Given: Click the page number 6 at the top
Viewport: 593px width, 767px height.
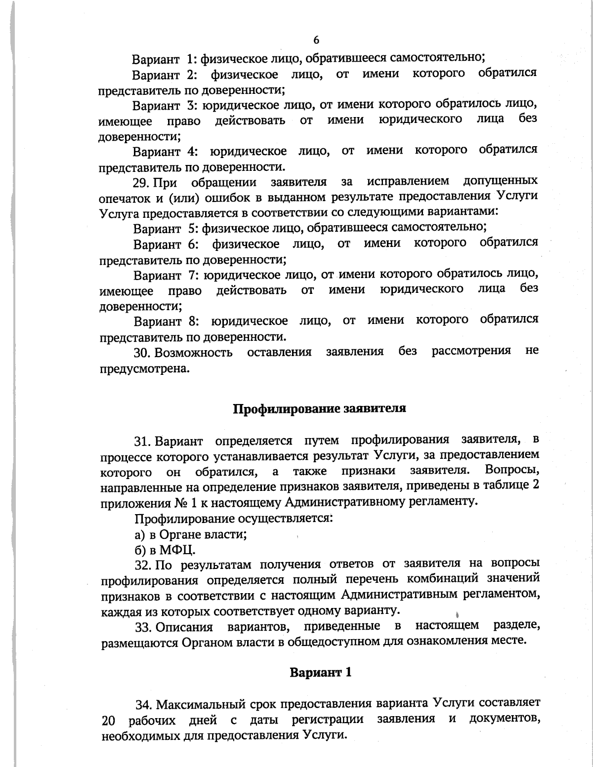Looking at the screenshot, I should pos(316,40).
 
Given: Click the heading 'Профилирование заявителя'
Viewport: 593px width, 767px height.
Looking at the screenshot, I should pos(319,409).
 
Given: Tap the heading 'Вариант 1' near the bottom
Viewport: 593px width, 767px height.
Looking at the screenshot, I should pos(321,672).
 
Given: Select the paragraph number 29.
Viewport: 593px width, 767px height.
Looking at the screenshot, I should pos(141,183).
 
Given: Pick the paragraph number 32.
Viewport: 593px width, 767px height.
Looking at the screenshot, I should pos(143,565).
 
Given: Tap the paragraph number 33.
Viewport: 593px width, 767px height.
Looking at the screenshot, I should pos(143,627).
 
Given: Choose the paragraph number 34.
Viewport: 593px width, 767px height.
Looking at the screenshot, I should pos(144,703).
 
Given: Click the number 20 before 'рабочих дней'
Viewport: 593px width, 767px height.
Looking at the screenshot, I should pos(108,720).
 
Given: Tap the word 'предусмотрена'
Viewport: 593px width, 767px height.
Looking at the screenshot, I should pos(145,368).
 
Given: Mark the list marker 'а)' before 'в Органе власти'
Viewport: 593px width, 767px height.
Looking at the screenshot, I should pos(140,534).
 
